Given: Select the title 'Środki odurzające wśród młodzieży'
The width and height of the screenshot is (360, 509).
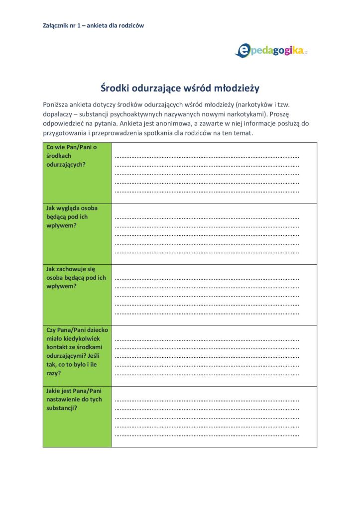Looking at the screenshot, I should pos(180,88).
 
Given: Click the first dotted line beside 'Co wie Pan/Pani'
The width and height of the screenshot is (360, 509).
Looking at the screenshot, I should pos(207,157).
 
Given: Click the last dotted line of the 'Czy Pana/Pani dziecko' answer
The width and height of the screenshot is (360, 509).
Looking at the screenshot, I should pos(207,374).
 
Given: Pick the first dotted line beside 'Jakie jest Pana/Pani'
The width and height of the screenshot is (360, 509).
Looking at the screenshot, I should pos(207,400).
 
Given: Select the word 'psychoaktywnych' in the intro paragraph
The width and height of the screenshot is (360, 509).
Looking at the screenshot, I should pos(140,114).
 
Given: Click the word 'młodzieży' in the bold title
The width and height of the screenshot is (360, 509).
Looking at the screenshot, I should pos(237,88).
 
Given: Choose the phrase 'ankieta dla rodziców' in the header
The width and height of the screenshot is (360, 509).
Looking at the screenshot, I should pos(116,25).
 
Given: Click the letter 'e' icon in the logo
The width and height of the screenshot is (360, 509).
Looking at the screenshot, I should pos(242,50).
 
